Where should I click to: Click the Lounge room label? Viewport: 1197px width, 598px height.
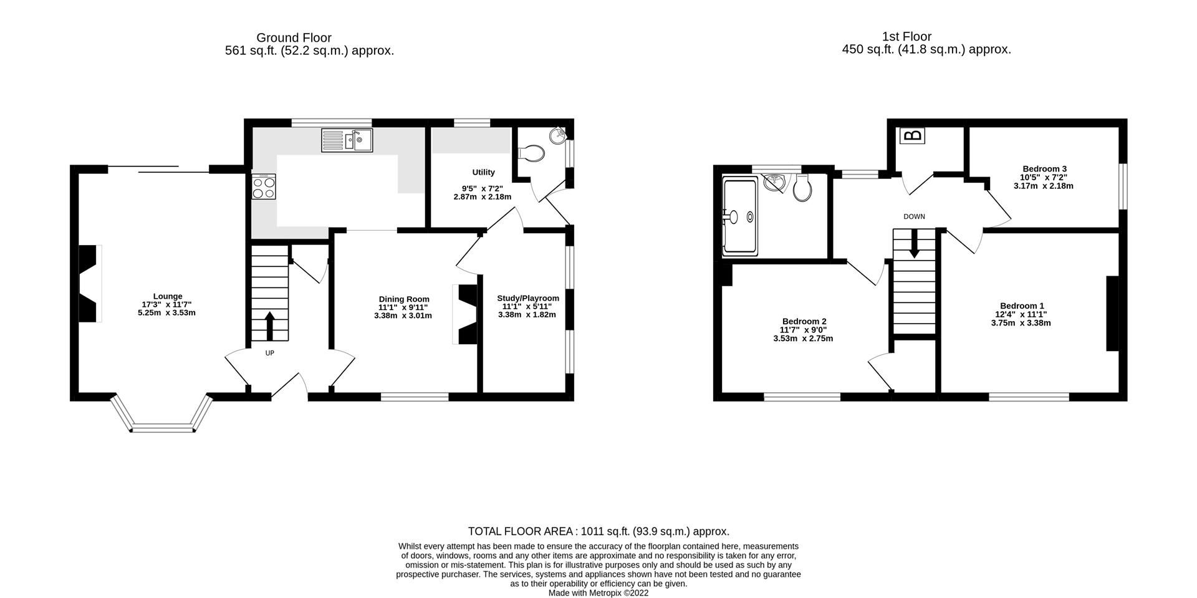coord(168,296)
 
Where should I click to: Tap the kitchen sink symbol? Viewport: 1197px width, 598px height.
coord(347,140)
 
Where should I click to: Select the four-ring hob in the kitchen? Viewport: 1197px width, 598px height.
coord(264,186)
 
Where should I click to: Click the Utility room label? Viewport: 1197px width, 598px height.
coord(483,172)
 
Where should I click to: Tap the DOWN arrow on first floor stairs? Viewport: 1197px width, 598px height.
coord(914,244)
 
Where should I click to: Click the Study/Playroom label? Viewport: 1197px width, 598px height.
coord(527,298)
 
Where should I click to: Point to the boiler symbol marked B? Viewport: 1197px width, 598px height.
coord(913,135)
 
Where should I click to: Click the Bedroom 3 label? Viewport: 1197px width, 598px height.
coord(1044,169)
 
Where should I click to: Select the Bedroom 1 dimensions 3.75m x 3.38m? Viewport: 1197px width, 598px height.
coord(1021,323)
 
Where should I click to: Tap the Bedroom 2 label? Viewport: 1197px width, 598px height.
coord(804,321)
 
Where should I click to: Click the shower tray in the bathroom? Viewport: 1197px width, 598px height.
coord(740,216)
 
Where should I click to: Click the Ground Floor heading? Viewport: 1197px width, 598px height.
coord(294,38)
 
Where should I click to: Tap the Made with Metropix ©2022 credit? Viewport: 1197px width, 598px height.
coord(598,593)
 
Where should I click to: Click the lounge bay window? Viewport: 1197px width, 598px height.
coord(162,427)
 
